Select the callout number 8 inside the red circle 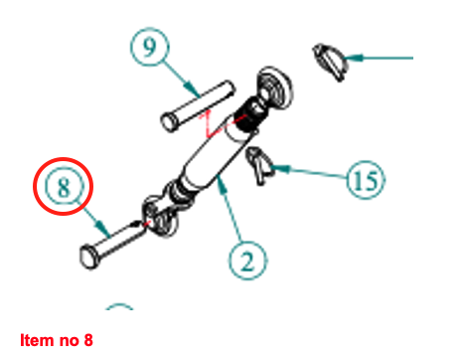point(64,187)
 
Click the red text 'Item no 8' point(57,340)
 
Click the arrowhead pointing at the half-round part point(354,58)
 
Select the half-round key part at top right point(330,62)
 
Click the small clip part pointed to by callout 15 point(260,165)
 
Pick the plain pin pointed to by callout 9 point(198,106)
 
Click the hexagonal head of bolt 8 point(88,257)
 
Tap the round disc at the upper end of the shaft point(274,87)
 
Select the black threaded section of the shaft point(247,114)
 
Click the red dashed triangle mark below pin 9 point(212,125)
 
